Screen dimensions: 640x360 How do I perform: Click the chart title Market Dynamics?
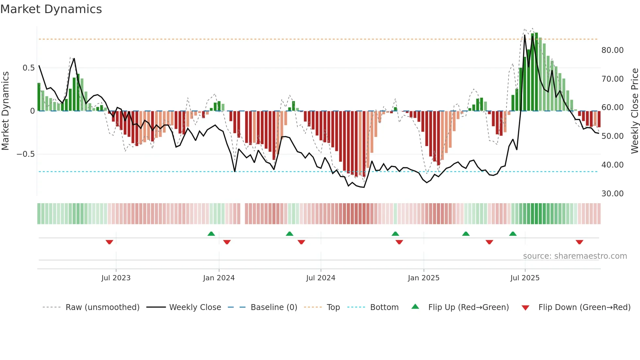51,9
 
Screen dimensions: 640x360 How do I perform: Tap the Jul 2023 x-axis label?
116,278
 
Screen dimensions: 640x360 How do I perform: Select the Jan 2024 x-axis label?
219,278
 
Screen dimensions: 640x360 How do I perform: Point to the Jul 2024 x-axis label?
321,278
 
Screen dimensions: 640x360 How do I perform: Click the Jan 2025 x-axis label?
424,278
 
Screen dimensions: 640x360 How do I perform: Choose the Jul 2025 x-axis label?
525,278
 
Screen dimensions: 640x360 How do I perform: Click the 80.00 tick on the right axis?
612,50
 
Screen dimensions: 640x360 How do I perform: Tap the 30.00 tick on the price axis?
612,194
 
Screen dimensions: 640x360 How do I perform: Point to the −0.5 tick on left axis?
25,154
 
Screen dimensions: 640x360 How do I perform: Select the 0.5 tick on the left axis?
28,68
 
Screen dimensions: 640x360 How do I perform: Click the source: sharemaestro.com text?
575,256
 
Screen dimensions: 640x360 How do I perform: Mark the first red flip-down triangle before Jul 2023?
109,242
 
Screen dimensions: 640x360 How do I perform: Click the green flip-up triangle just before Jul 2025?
513,234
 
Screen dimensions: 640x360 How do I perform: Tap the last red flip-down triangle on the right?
579,242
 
